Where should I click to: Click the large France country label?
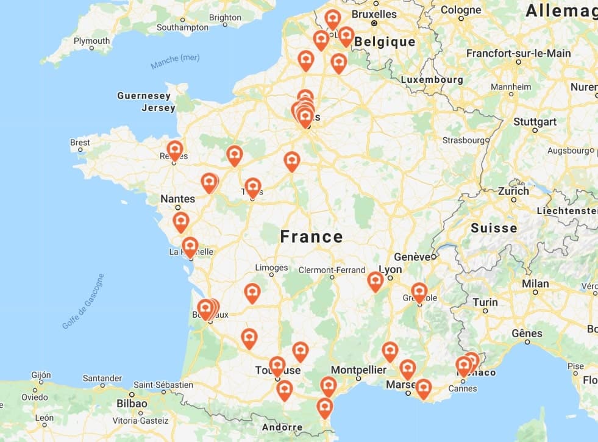coord(311,237)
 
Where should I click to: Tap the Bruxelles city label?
coord(374,13)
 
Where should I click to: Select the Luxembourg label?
coord(432,79)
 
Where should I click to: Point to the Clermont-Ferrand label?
coord(332,270)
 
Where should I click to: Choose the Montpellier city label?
coord(358,369)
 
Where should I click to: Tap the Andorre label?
coord(282,427)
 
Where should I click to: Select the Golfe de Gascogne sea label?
coord(83,302)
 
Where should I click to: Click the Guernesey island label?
coord(144,96)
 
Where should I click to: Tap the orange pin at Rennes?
coord(175,150)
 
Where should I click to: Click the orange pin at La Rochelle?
coord(190,246)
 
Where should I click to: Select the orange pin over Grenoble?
coord(419,292)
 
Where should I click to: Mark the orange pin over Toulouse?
coord(277,366)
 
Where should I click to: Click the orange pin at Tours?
coord(253,187)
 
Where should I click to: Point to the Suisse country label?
coord(494,228)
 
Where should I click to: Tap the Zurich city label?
coord(513,191)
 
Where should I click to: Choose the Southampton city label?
coord(182,27)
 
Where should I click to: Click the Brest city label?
coord(80,143)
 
